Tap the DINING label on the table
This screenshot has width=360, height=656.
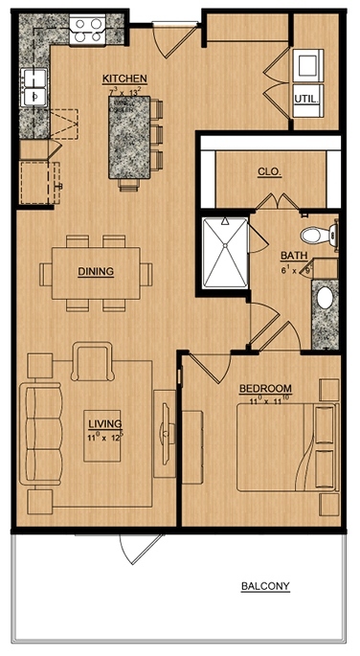(x=96, y=271)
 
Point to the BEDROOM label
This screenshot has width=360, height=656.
(x=264, y=388)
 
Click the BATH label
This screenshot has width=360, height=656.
(x=292, y=257)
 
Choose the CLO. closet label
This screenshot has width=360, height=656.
(x=268, y=173)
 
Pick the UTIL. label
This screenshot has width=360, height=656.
(x=306, y=99)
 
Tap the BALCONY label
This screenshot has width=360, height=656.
(x=265, y=587)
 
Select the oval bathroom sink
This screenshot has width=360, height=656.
(x=325, y=298)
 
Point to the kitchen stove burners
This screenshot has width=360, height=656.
(x=90, y=25)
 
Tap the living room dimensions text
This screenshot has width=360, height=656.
(x=101, y=437)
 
